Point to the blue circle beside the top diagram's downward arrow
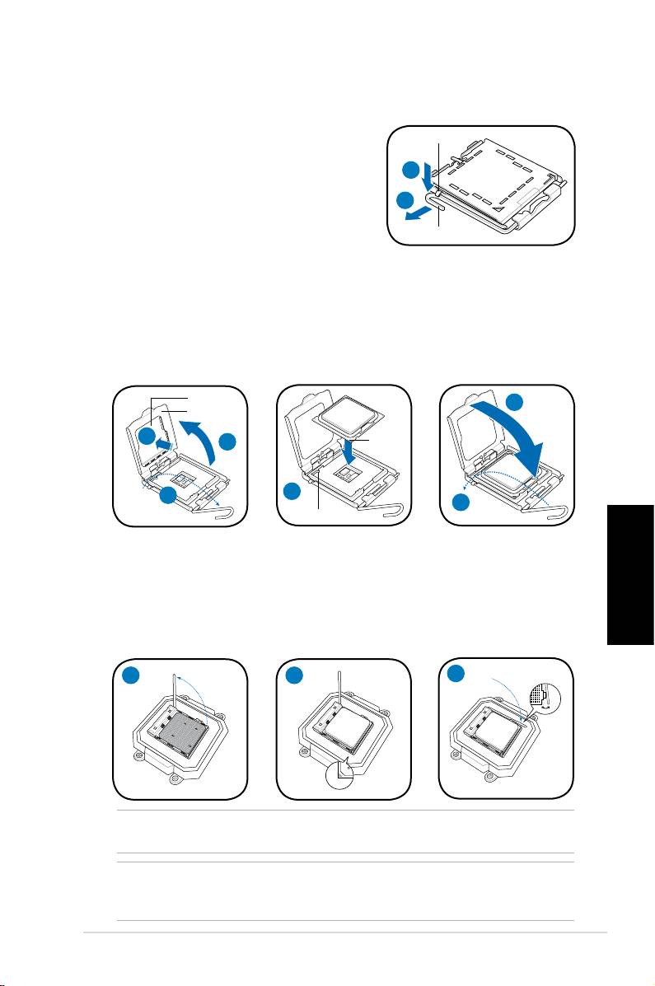click(x=411, y=170)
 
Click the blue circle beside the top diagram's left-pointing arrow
click(x=405, y=200)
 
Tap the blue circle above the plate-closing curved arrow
click(x=514, y=403)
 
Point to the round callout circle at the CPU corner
click(x=341, y=776)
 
